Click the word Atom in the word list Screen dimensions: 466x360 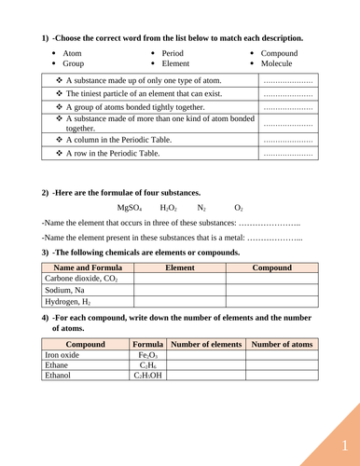pyautogui.click(x=73, y=53)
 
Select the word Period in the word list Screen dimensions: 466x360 pyautogui.click(x=173, y=53)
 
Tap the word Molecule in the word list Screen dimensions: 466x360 pyautogui.click(x=276, y=63)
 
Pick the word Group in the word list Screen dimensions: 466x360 pyautogui.click(x=75, y=63)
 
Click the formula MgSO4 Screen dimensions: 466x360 pyautogui.click(x=129, y=208)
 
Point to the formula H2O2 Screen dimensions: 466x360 pyautogui.click(x=168, y=208)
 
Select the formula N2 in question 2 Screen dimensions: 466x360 pyautogui.click(x=201, y=208)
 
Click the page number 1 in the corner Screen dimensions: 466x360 pyautogui.click(x=344, y=445)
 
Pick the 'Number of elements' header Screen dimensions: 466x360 pyautogui.click(x=206, y=344)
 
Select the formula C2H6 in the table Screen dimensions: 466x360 pyautogui.click(x=147, y=365)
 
